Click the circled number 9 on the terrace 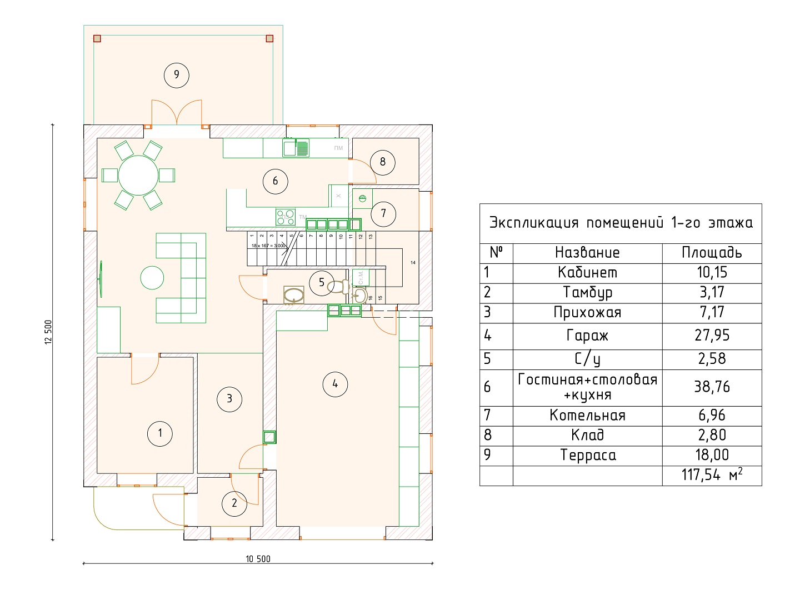coord(177,74)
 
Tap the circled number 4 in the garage coord(335,383)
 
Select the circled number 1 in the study coord(160,433)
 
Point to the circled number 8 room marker coord(382,162)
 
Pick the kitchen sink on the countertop coord(296,148)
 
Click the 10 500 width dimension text coord(258,559)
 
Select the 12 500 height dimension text coord(48,332)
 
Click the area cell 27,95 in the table coord(712,336)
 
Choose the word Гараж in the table coord(587,336)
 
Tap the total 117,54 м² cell coord(712,475)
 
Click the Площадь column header coord(712,253)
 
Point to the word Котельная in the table coord(587,416)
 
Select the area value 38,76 coord(712,387)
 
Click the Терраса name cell coord(587,456)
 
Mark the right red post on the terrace coord(269,38)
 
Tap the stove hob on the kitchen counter coord(286,215)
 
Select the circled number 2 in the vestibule coord(234,503)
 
